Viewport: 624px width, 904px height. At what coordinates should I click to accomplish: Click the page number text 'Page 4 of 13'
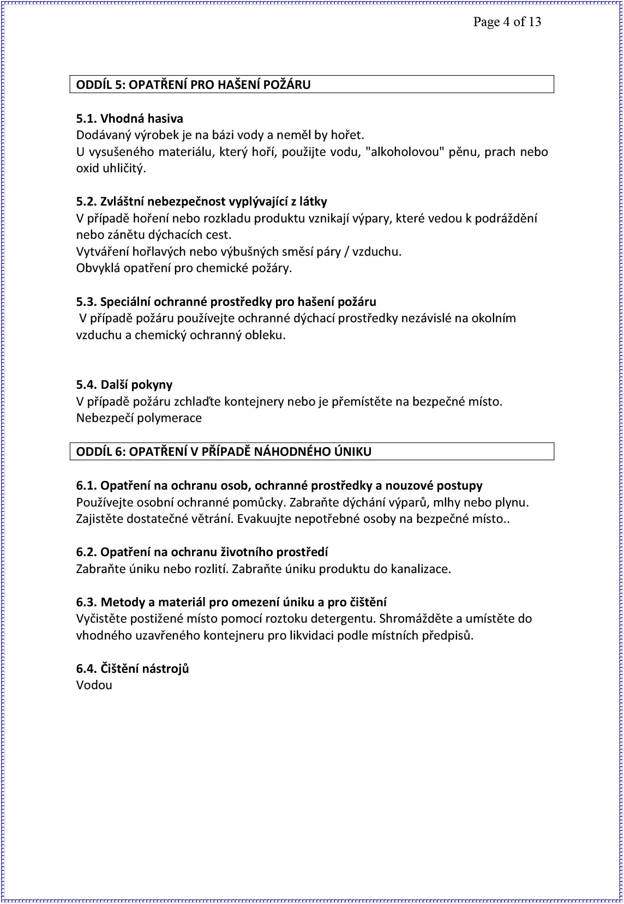click(x=507, y=22)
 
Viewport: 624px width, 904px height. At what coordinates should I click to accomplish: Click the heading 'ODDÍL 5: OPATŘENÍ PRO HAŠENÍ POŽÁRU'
click(x=193, y=85)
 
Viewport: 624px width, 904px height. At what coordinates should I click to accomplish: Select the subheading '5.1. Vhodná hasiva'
click(x=130, y=118)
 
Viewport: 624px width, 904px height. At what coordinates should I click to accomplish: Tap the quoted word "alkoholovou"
click(x=405, y=152)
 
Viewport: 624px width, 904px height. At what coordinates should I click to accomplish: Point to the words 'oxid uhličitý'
click(x=111, y=168)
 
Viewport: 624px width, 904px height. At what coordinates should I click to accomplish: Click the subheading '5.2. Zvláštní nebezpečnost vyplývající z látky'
click(x=201, y=202)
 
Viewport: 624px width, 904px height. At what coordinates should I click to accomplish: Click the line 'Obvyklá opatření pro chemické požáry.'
click(x=184, y=268)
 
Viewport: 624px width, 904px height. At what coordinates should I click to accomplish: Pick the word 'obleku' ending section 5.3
click(x=266, y=335)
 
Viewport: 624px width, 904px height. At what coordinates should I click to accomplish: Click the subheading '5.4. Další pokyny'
click(x=124, y=385)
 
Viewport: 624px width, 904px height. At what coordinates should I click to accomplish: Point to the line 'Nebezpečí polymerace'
click(x=139, y=418)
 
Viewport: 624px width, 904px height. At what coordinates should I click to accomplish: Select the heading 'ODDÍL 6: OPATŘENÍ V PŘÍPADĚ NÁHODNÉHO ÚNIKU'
click(x=224, y=451)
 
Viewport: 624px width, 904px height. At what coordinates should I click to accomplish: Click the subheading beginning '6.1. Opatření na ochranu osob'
click(x=279, y=485)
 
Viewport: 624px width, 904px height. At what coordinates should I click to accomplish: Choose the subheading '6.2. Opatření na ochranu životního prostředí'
click(x=202, y=552)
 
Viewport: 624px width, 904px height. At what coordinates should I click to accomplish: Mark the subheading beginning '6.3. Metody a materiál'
click(x=231, y=602)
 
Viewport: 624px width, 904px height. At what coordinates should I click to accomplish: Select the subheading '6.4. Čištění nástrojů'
click(x=133, y=668)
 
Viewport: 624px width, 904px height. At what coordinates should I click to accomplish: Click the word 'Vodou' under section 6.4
click(x=94, y=685)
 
